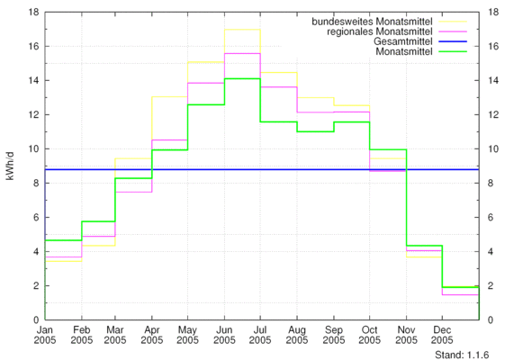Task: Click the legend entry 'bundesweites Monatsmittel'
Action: pyautogui.click(x=372, y=22)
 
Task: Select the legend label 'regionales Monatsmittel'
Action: pyautogui.click(x=380, y=31)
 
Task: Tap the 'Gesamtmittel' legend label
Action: pyautogui.click(x=403, y=41)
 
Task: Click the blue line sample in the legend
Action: pyautogui.click(x=453, y=41)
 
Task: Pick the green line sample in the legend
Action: pyautogui.click(x=453, y=51)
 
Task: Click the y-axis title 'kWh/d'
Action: pyautogui.click(x=10, y=166)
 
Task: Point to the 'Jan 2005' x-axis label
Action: pyautogui.click(x=45, y=335)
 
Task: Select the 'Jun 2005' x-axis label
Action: pyautogui.click(x=224, y=335)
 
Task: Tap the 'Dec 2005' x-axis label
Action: pyautogui.click(x=442, y=335)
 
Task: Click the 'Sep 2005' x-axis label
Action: pyautogui.click(x=334, y=335)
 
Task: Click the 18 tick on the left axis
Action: pyautogui.click(x=34, y=12)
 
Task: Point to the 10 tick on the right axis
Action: pyautogui.click(x=493, y=148)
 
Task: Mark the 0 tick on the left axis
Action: pyautogui.click(x=36, y=320)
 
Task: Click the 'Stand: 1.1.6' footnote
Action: pyautogui.click(x=462, y=355)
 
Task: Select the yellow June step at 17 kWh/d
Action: pyautogui.click(x=242, y=30)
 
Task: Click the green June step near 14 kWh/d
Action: pyautogui.click(x=242, y=78)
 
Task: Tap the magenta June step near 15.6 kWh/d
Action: pyautogui.click(x=242, y=53)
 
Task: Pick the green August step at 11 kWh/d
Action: pyautogui.click(x=315, y=131)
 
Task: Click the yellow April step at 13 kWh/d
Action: pyautogui.click(x=169, y=96)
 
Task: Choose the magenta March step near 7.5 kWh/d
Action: pyautogui.click(x=133, y=192)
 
